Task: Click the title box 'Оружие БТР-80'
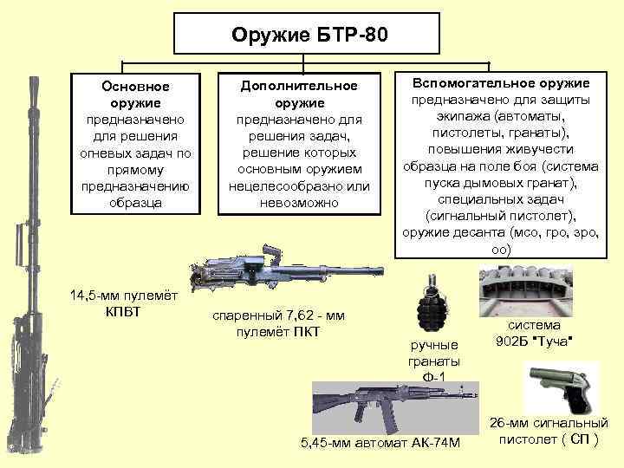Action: click(x=311, y=36)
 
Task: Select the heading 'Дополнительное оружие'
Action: click(x=299, y=94)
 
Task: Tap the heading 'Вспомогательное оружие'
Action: click(x=502, y=82)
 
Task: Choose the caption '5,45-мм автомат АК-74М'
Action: click(x=380, y=444)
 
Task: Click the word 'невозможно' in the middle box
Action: click(x=299, y=202)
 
